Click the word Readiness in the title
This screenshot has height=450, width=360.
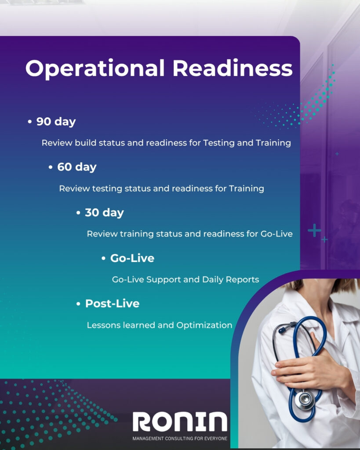233,68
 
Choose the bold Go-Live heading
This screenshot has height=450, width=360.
132,258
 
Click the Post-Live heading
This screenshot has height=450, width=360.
112,304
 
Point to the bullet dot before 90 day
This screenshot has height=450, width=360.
29,122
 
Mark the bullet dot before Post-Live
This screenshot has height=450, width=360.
78,304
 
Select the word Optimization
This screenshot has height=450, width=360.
204,325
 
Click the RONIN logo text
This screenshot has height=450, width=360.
180,421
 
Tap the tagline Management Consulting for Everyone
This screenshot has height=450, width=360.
180,439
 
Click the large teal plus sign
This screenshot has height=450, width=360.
315,230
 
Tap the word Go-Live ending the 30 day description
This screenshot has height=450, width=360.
276,234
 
